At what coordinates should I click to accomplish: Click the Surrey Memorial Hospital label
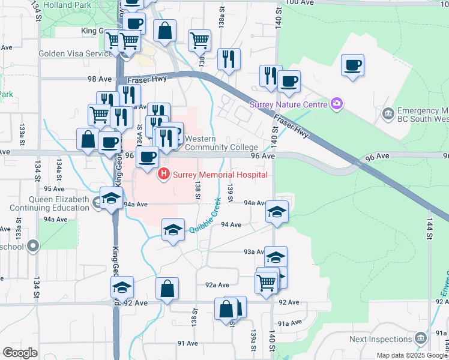(x=220, y=175)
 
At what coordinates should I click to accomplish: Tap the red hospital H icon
(x=163, y=175)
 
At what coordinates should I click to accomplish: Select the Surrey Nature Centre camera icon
(x=337, y=104)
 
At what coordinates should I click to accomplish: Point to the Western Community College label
(x=221, y=143)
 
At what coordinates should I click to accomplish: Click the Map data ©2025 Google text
(x=412, y=355)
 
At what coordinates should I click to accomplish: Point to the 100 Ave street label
(x=301, y=2)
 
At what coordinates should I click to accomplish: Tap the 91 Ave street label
(x=187, y=343)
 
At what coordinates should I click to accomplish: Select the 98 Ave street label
(x=100, y=79)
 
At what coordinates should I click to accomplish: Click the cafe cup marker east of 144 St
(x=352, y=65)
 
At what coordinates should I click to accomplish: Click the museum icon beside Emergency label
(x=388, y=113)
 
